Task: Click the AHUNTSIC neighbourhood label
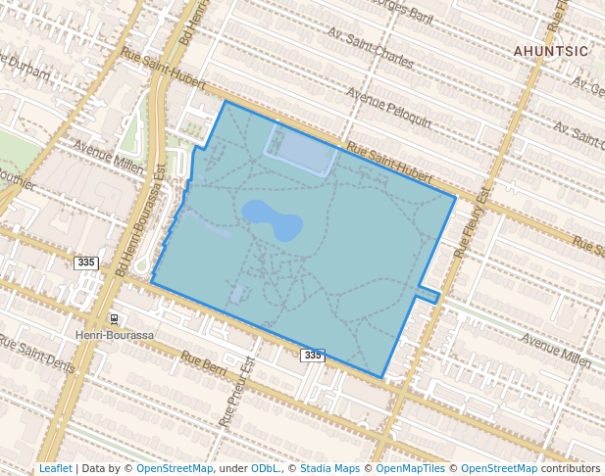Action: (550, 50)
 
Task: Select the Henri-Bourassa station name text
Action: (116, 335)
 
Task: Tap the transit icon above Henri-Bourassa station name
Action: (114, 319)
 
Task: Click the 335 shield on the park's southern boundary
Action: (312, 355)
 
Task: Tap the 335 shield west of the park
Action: (86, 262)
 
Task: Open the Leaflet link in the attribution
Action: (55, 469)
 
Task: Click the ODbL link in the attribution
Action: (264, 469)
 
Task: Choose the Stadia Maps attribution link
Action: (328, 469)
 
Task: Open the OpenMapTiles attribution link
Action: (412, 469)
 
